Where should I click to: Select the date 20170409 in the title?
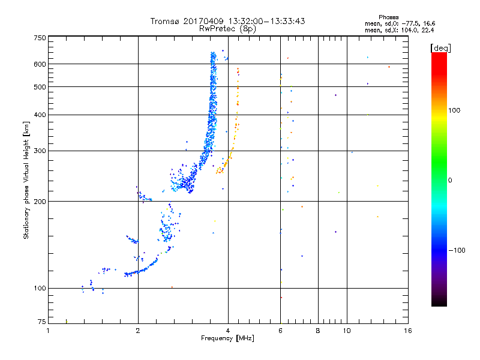tap(203, 21)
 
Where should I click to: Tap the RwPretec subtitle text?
tap(217, 29)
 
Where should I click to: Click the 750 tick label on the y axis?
tap(40, 38)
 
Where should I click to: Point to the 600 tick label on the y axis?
tap(40, 64)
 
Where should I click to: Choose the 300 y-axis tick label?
tap(40, 151)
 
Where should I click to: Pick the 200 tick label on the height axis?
tap(40, 202)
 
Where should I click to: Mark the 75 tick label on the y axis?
tap(42, 322)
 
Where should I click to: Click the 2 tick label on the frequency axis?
tap(138, 331)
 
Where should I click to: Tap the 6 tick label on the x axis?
tap(280, 331)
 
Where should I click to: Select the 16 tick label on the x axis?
tap(408, 331)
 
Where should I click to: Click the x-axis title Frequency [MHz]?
tap(227, 338)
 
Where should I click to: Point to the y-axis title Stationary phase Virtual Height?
tap(26, 180)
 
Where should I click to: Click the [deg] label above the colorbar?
tap(441, 49)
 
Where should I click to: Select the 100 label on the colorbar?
tap(454, 110)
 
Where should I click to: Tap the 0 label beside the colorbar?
tap(450, 181)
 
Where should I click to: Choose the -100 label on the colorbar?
tap(457, 250)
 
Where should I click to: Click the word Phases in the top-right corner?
tap(388, 17)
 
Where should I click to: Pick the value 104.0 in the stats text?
tap(409, 30)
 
